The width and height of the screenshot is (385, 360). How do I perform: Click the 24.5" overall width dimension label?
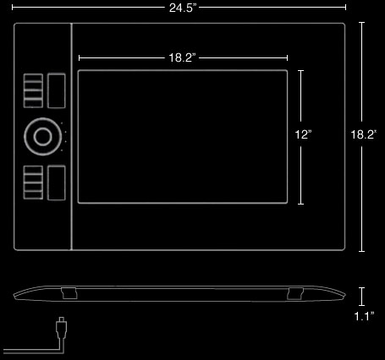click(x=182, y=8)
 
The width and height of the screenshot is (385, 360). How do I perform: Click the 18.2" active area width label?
click(x=182, y=57)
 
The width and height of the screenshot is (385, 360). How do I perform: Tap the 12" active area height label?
click(x=303, y=134)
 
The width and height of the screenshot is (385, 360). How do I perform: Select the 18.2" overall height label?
click(x=363, y=134)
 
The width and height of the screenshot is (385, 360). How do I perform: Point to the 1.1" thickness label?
click(x=364, y=316)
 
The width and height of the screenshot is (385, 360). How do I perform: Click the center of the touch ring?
click(x=43, y=137)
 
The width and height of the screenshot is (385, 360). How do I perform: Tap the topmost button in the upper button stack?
click(x=33, y=78)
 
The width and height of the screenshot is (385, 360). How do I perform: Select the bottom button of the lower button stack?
click(x=33, y=195)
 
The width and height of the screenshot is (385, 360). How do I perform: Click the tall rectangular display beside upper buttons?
click(x=57, y=90)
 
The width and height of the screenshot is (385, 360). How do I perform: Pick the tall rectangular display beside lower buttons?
click(x=57, y=183)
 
